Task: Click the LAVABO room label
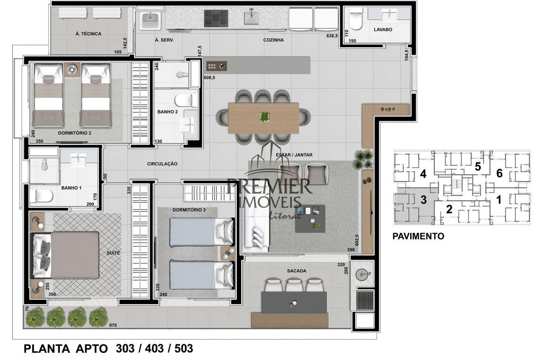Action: point(383,30)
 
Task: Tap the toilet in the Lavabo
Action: point(355,19)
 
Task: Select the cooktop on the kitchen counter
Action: point(216,18)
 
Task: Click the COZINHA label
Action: point(273,40)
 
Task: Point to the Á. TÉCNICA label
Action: point(89,34)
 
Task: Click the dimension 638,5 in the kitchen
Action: point(332,36)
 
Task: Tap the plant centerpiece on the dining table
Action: point(264,117)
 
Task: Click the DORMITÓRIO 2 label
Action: point(74,133)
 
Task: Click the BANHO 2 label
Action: point(168,112)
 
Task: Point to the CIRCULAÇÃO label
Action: point(162,164)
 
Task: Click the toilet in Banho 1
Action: point(41,196)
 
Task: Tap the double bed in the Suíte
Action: point(65,255)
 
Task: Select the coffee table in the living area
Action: point(310,219)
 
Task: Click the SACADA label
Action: point(297,271)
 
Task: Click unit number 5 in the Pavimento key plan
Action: point(477,167)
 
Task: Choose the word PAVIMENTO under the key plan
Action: point(418,236)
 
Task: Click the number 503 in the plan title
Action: point(184,349)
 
